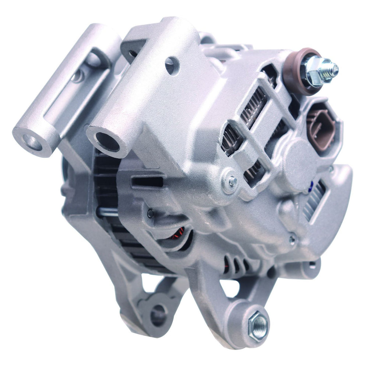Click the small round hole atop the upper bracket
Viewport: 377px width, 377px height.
pos(172,66)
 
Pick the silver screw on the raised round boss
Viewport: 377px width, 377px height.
pos(233,181)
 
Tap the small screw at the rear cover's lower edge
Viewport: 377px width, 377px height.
pos(292,240)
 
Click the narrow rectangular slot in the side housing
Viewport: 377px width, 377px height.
pos(147,182)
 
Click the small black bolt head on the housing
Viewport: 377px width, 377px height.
pos(150,213)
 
